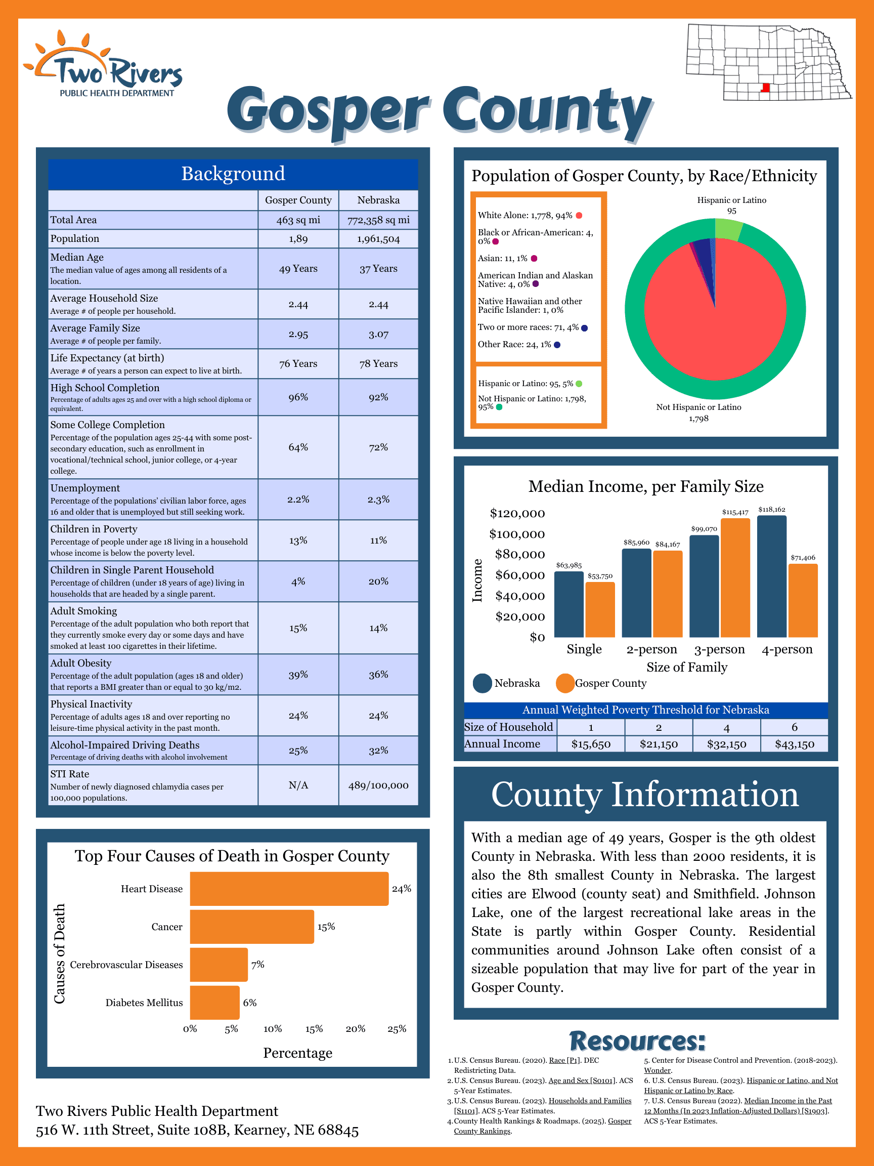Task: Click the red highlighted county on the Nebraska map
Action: click(766, 88)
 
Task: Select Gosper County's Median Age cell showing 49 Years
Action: click(298, 269)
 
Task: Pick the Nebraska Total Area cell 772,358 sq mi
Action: click(378, 220)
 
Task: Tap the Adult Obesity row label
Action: click(81, 663)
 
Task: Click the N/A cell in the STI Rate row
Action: click(298, 785)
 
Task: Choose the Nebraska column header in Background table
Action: click(378, 200)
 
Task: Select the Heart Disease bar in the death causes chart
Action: click(289, 889)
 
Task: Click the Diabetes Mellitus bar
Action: click(214, 1003)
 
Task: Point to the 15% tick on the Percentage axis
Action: click(314, 1029)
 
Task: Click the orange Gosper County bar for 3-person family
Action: click(735, 578)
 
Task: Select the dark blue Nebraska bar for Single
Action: click(569, 604)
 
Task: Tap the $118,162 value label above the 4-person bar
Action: click(772, 510)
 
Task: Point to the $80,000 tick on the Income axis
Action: click(519, 555)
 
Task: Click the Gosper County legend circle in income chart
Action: click(565, 683)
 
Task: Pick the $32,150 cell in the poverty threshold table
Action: click(726, 744)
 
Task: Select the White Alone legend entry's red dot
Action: click(579, 216)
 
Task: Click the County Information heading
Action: click(645, 795)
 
